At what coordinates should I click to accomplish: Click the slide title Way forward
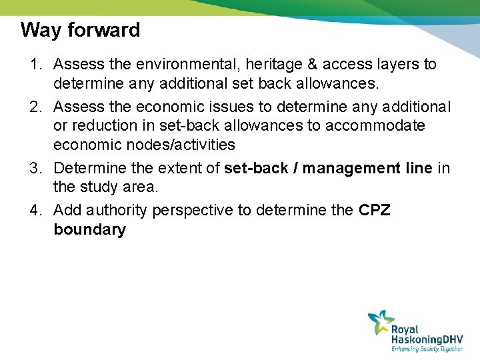[80, 30]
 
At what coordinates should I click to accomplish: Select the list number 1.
[35, 65]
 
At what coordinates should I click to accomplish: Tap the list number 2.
[35, 107]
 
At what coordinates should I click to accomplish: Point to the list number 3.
[35, 169]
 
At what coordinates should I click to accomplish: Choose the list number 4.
[35, 211]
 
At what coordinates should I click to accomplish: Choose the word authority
[116, 211]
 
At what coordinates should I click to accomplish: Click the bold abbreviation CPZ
[375, 211]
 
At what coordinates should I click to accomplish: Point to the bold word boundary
[89, 230]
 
